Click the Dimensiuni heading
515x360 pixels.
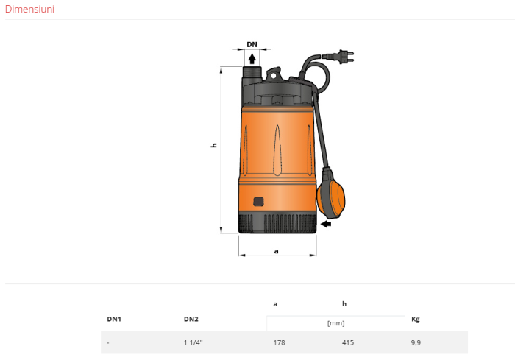point(29,10)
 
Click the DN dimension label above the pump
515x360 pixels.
point(252,44)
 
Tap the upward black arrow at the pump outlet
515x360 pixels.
point(252,58)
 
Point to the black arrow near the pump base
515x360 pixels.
point(326,225)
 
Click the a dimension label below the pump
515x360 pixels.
point(276,251)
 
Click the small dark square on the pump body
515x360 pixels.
point(258,201)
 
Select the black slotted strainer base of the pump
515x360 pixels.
point(278,222)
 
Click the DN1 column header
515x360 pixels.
point(114,320)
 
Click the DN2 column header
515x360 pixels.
point(191,320)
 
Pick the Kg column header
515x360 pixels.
point(416,320)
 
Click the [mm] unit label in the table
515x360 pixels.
point(335,322)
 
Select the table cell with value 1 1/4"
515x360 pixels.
point(193,342)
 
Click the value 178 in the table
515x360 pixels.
point(279,342)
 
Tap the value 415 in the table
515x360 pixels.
point(348,342)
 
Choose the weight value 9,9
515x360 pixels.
point(416,342)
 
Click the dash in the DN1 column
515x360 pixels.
point(108,342)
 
